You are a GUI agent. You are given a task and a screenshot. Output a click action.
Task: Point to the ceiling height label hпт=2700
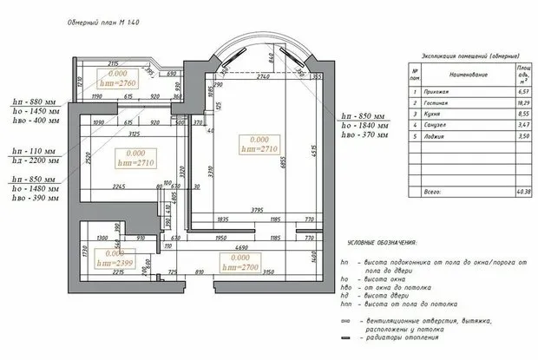pyautogui.click(x=241, y=269)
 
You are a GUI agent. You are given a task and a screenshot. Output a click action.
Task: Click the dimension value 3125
pyautogui.click(x=134, y=135)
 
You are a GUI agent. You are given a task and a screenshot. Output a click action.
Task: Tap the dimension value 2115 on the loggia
pyautogui.click(x=113, y=65)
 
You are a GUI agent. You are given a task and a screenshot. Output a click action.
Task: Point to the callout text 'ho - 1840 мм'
pyautogui.click(x=364, y=127)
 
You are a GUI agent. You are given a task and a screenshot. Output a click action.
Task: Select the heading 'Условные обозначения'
pyautogui.click(x=382, y=243)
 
